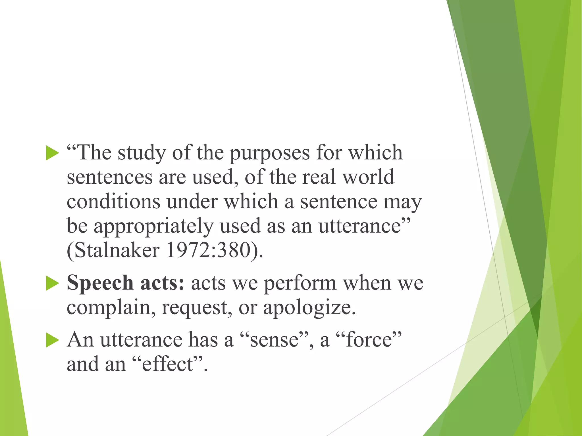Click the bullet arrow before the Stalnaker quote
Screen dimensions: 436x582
click(52, 153)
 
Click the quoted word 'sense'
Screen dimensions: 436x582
click(274, 340)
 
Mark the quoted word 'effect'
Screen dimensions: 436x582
click(168, 364)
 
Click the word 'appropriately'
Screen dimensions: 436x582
click(153, 226)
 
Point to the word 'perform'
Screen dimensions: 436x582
click(300, 283)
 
